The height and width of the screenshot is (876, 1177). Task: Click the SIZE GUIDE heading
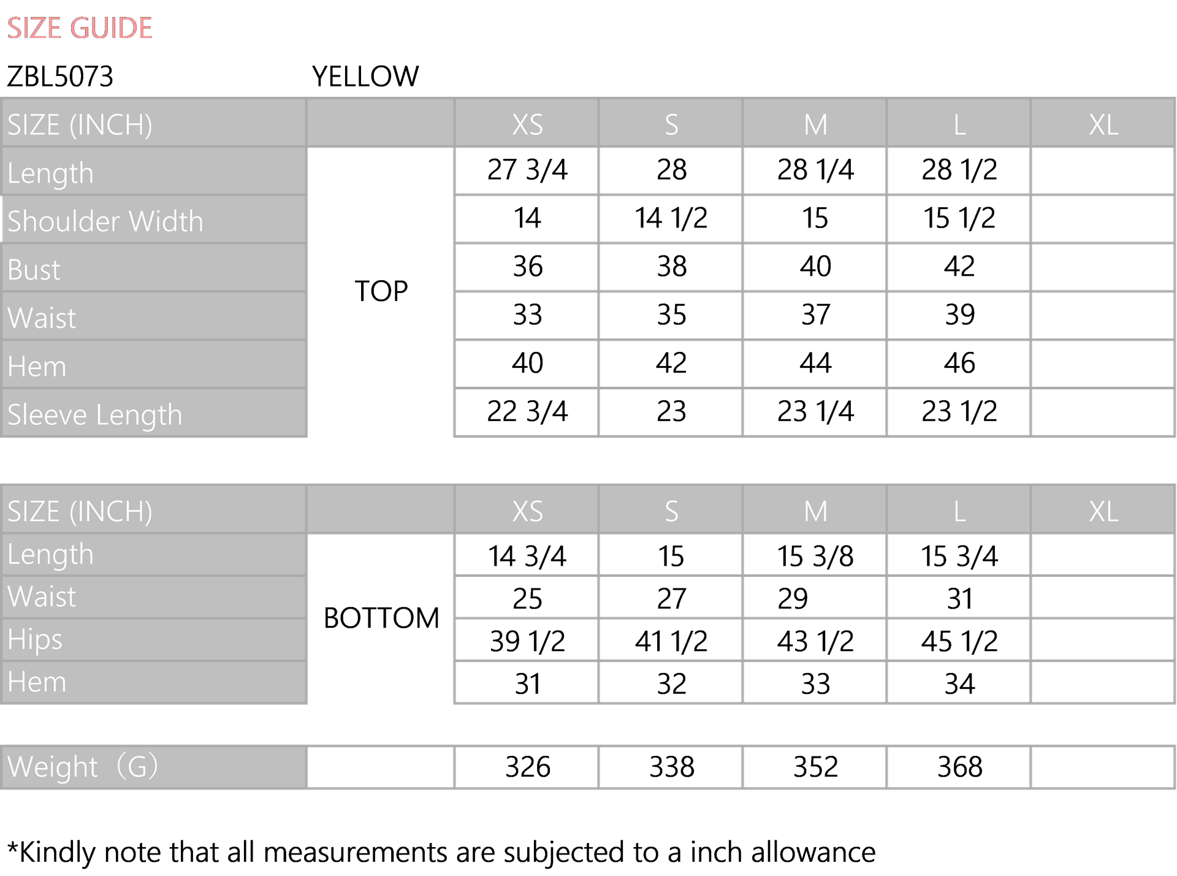coord(80,28)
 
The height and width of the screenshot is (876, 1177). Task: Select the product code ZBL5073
coord(60,77)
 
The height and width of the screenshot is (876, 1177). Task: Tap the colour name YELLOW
coord(365,77)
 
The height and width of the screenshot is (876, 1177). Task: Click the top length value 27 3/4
coord(527,170)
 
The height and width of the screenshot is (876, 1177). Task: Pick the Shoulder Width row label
coord(105,221)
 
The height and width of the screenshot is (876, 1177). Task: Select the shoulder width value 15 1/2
coord(959,218)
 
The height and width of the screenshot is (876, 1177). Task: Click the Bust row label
coord(34,270)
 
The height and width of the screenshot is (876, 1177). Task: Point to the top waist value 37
coord(815,315)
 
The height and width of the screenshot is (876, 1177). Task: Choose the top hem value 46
coord(959,363)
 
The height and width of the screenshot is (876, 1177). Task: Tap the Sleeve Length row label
coord(95,415)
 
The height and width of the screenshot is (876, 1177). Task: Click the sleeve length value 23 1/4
coord(815,411)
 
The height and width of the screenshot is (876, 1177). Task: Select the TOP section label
coord(381,291)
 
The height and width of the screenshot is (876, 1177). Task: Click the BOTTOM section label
coord(381,618)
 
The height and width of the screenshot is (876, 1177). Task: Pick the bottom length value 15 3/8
coord(815,557)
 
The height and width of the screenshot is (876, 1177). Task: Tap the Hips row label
coord(35,640)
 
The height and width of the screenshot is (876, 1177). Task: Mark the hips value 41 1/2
coord(671,642)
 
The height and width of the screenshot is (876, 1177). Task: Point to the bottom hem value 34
coord(959,684)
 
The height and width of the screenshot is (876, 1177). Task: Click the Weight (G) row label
coord(83,767)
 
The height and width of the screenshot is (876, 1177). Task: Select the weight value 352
coord(815,767)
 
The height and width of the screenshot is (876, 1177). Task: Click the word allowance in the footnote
coord(813,853)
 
